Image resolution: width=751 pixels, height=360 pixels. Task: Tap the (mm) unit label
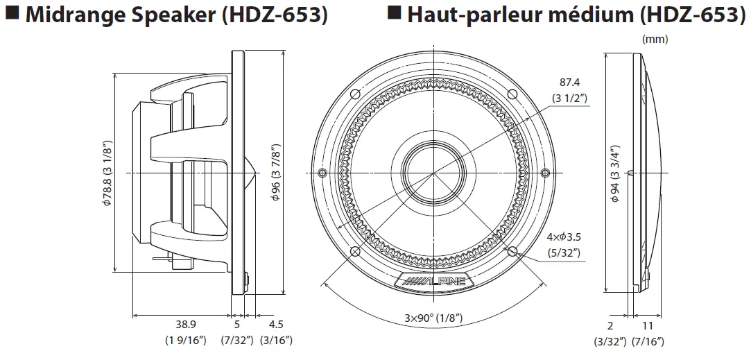pyautogui.click(x=655, y=40)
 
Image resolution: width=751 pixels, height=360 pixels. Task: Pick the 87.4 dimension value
pyautogui.click(x=569, y=82)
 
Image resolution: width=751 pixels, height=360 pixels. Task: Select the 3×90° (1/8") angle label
pyautogui.click(x=433, y=318)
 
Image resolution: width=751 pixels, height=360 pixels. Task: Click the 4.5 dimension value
pyautogui.click(x=276, y=324)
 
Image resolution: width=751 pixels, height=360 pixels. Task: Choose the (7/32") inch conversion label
pyautogui.click(x=237, y=340)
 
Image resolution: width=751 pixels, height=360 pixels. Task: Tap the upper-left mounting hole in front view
pyautogui.click(x=354, y=94)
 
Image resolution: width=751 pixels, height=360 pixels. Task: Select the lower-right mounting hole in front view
pyautogui.click(x=513, y=251)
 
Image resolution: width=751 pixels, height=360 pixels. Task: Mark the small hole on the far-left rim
pyautogui.click(x=321, y=172)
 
